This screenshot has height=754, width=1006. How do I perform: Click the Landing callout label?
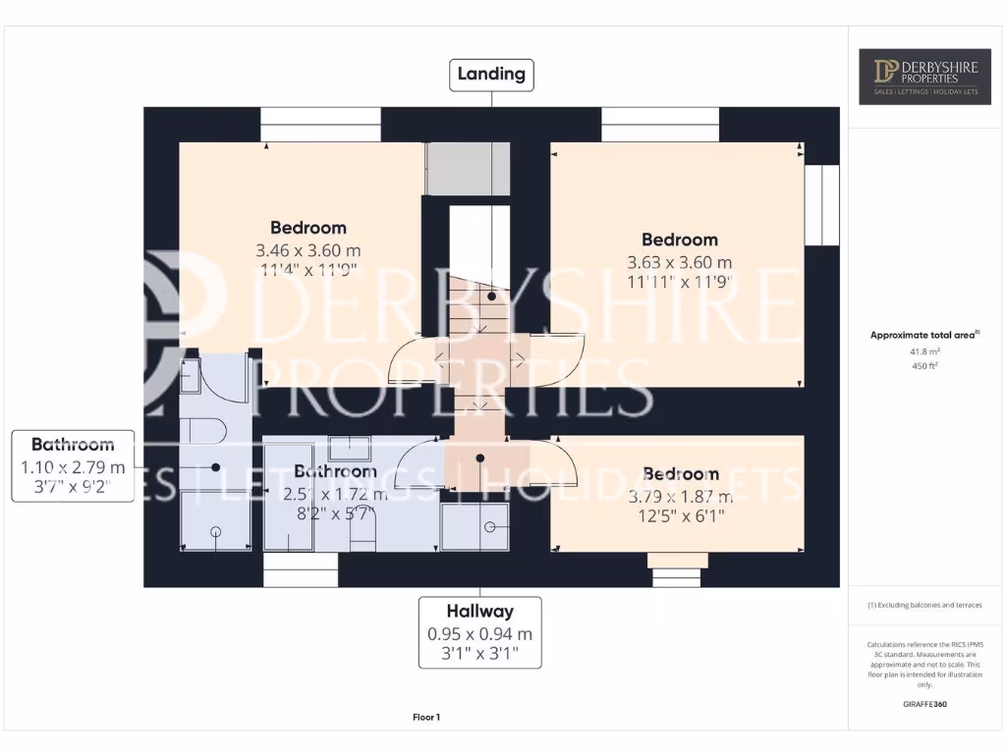[x=491, y=74]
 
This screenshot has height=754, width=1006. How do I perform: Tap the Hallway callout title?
[x=480, y=611]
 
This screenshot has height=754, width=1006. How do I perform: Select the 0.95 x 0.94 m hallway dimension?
[x=480, y=634]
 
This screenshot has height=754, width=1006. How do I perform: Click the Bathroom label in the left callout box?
[x=73, y=445]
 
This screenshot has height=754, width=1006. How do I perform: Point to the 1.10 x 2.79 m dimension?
[x=73, y=466]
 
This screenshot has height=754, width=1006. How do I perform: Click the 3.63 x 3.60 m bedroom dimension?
[x=679, y=262]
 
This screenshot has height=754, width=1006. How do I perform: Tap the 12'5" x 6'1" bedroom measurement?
[x=679, y=515]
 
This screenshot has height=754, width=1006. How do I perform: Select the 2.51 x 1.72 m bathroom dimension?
[x=335, y=495]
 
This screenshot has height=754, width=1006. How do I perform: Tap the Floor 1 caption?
[x=425, y=718]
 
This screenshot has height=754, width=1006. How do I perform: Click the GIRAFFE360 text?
[x=925, y=704]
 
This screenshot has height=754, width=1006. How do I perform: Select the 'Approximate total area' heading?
[x=923, y=335]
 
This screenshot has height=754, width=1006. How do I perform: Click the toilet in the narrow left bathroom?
[x=204, y=430]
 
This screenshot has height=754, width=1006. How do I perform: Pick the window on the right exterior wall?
[x=821, y=204]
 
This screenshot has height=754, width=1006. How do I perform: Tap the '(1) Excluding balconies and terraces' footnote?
[x=924, y=606]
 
